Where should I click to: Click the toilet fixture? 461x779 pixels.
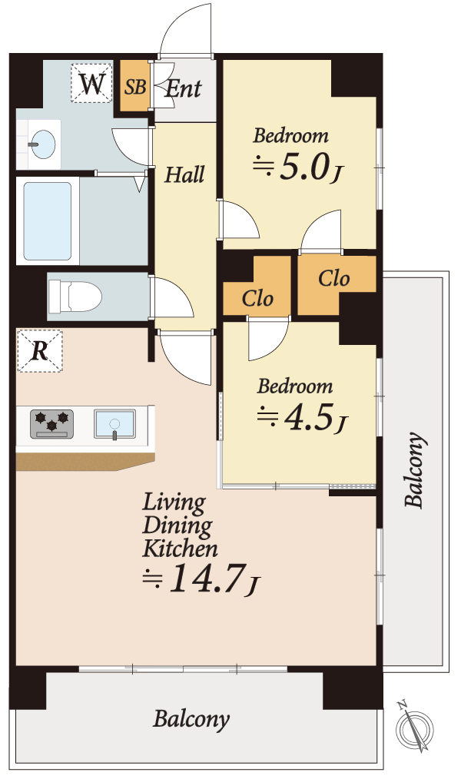point(75,297)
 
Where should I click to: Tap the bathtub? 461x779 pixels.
point(48,221)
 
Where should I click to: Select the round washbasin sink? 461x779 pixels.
point(41,144)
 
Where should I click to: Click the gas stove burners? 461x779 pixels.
point(51,423)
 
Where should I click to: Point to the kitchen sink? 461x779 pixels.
point(114,423)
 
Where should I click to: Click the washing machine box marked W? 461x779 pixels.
point(91,84)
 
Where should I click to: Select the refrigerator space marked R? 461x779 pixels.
point(40,351)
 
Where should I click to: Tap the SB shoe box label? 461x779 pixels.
point(135,87)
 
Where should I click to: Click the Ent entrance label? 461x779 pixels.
point(184,88)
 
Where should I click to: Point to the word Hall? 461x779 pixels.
point(184,174)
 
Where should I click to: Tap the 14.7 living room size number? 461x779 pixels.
point(207,578)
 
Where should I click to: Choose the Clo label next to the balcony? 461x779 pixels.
point(333,279)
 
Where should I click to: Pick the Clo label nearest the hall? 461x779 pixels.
point(257,299)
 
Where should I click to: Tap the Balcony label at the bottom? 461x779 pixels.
point(191,719)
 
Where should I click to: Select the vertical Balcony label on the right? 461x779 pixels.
point(414,470)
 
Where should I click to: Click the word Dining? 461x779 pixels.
point(177,525)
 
